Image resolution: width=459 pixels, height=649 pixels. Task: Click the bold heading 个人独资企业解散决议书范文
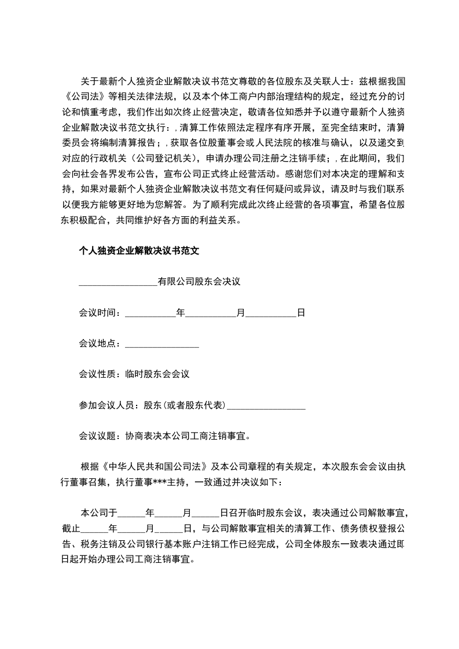click(x=139, y=251)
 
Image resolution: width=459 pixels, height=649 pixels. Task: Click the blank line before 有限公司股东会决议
click(x=117, y=282)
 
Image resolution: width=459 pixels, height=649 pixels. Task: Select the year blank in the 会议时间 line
click(x=150, y=313)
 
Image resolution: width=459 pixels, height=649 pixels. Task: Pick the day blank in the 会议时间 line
click(x=271, y=313)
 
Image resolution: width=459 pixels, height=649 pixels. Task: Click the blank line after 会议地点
click(x=162, y=344)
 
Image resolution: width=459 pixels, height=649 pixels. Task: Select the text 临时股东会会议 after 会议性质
click(x=157, y=374)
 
